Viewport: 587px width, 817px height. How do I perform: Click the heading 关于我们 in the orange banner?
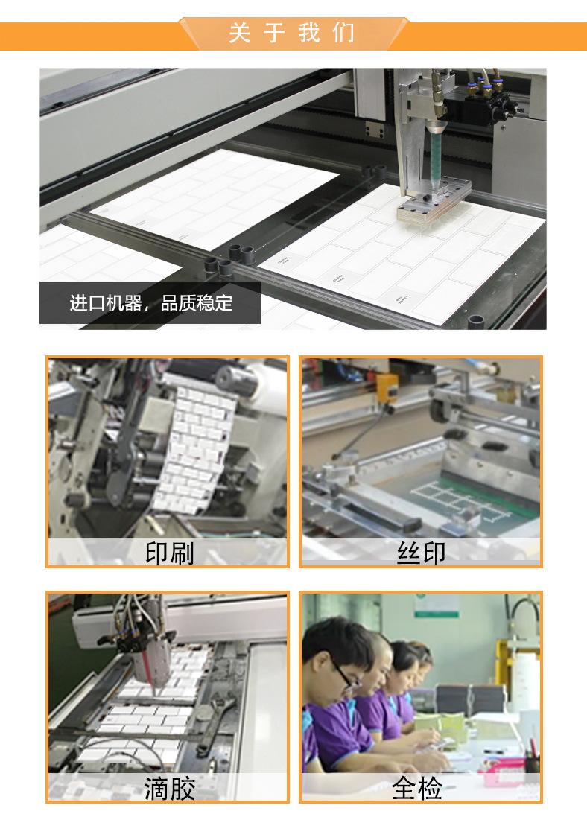click(x=292, y=34)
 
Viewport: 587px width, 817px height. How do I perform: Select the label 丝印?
click(x=421, y=553)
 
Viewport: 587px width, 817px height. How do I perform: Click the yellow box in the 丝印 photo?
click(x=385, y=388)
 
